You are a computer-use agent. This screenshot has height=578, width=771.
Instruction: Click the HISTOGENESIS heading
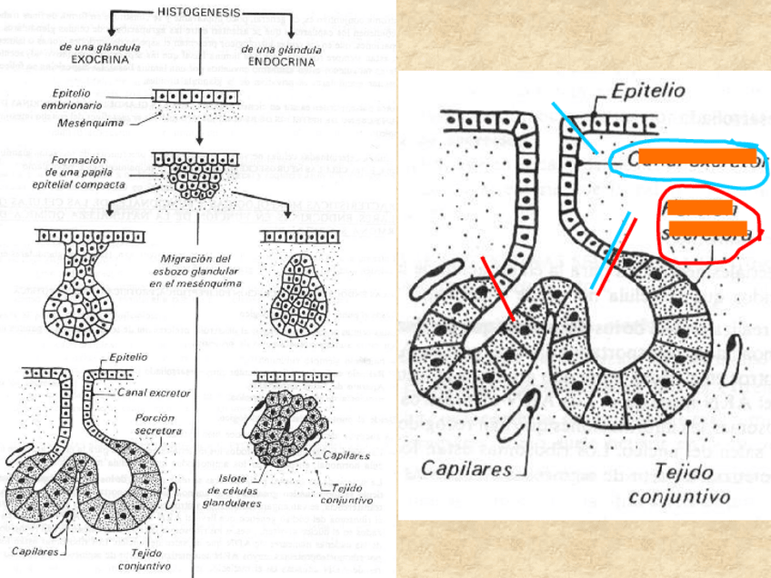(x=200, y=13)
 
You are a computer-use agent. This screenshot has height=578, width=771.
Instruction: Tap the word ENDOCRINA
(x=282, y=63)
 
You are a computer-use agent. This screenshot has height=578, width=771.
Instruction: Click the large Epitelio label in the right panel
(x=648, y=91)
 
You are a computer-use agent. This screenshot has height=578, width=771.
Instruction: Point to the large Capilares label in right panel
(x=465, y=470)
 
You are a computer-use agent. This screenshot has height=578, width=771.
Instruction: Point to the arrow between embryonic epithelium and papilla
(x=199, y=134)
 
